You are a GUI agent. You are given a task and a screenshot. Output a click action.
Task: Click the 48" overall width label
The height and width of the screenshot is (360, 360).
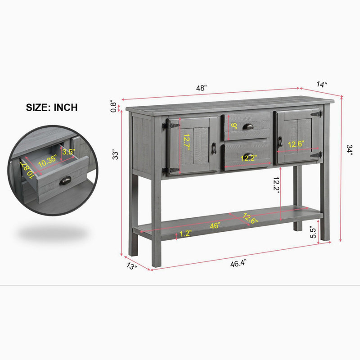coord(201,88)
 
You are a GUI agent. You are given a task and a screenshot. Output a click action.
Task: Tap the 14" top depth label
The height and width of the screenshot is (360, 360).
coord(322,85)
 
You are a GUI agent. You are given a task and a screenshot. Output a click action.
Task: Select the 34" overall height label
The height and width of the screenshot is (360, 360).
coord(349,150)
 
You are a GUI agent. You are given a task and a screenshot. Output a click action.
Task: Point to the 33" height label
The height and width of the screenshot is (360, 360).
coord(115,155)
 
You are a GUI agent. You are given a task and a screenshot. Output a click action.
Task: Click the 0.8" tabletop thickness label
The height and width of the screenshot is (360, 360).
coord(114,106)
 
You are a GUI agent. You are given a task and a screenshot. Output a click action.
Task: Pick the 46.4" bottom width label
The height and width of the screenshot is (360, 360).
coord(238,263)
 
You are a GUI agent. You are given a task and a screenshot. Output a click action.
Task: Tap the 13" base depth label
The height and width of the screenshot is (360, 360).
coord(132,266)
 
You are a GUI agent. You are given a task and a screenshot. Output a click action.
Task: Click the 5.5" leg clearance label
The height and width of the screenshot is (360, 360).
coord(313,232)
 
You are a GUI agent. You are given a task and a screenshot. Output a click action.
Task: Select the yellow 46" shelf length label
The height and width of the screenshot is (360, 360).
coord(215,225)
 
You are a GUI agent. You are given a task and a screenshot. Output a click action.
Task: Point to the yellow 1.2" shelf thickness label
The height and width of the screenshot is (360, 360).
coord(185,234)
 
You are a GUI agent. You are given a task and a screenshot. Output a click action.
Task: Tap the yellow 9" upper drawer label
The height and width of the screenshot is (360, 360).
coord(234,126)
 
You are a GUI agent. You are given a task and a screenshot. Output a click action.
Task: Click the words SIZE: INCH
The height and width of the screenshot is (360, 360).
coord(52,108)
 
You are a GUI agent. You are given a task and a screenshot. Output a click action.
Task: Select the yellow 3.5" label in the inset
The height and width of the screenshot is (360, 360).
coord(68,152)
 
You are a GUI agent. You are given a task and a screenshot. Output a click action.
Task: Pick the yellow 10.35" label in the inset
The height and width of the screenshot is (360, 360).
coord(47,161)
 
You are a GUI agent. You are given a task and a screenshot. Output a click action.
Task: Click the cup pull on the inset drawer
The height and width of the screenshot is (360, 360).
coord(65,181)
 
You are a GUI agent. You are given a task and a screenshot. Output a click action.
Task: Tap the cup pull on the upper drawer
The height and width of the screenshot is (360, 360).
coord(248,126)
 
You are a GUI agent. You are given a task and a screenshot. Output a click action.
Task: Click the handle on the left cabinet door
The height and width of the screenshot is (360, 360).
coord(214,148)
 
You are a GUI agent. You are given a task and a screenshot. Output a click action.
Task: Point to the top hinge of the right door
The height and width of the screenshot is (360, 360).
coord(317,114)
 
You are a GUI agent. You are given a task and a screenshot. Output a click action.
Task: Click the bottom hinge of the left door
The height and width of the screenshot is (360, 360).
coord(171,171)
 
